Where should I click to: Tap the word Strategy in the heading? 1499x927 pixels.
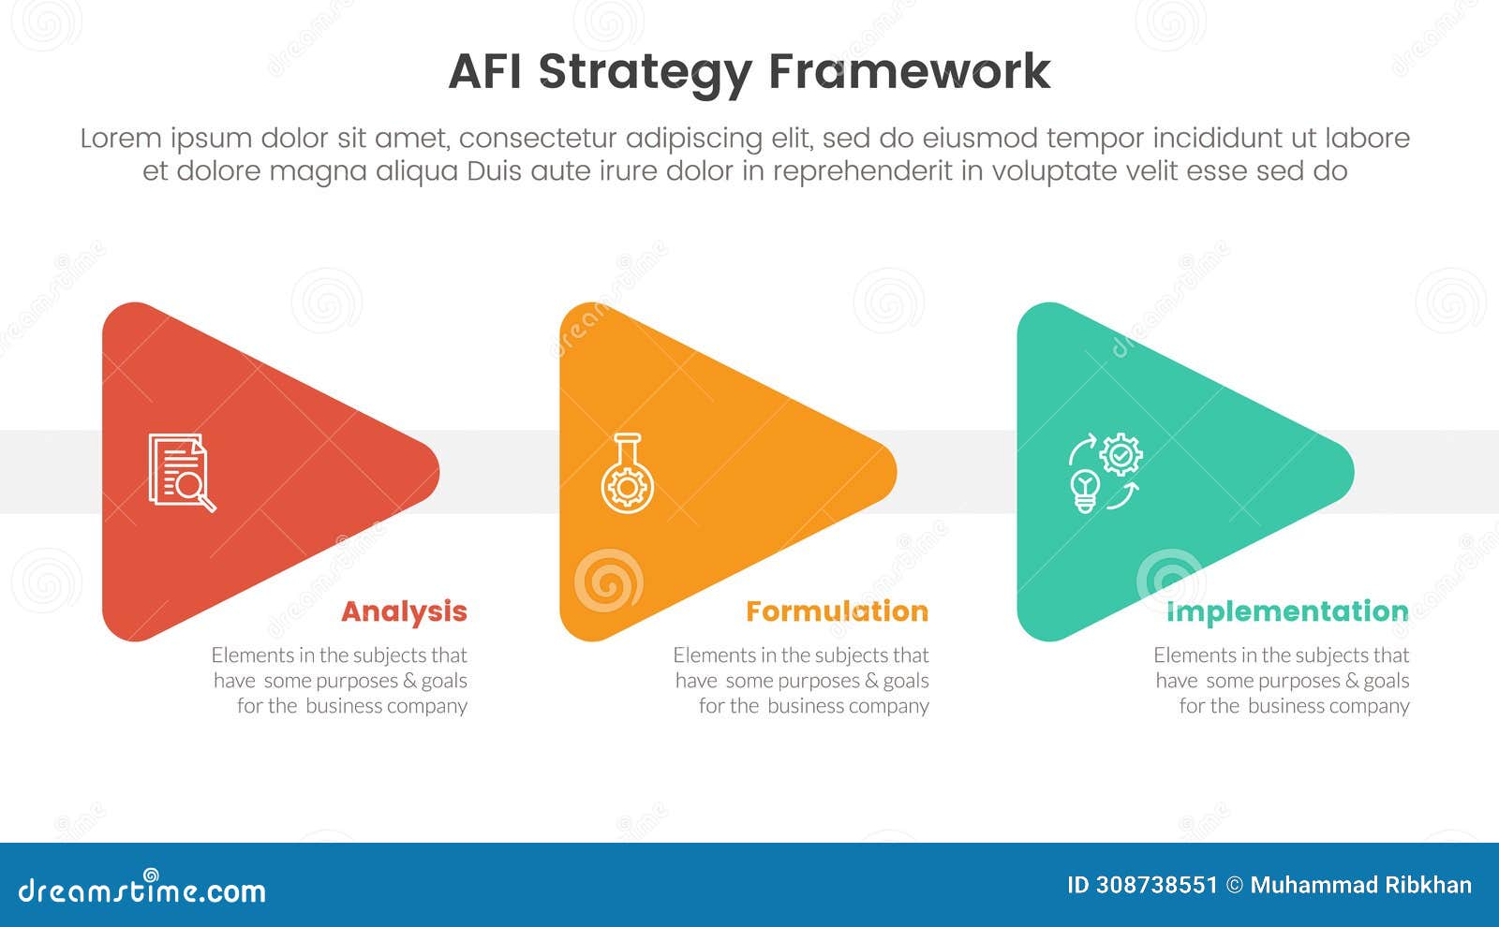(646, 72)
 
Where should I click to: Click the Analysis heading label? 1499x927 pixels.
(404, 611)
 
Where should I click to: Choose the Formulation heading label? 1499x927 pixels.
(837, 611)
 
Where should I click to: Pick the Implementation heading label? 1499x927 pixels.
(1287, 611)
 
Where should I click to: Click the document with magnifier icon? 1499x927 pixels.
(182, 472)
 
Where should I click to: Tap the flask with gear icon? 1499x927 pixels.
(627, 473)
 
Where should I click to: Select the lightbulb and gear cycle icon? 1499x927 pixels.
(1106, 472)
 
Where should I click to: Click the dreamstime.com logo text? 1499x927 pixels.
(142, 890)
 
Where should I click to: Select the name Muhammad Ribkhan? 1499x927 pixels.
(1360, 885)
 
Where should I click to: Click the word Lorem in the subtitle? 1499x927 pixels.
(121, 139)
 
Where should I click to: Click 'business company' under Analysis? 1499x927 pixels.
(386, 706)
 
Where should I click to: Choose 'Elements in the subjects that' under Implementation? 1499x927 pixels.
(1281, 655)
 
